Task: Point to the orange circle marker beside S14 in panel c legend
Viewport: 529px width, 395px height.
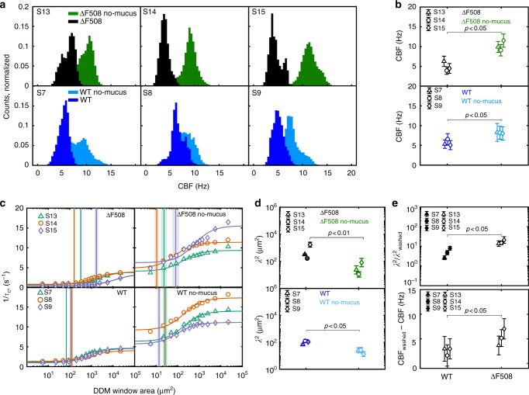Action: (45, 226)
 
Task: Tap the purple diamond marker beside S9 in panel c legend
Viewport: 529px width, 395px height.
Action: (45, 317)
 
